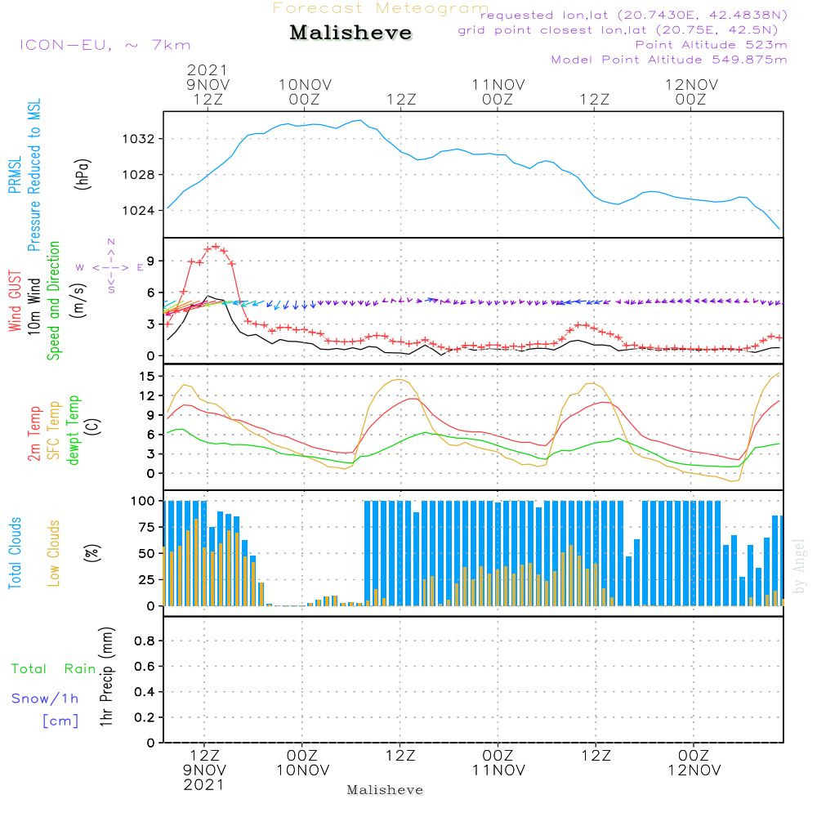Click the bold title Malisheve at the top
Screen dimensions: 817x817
click(x=351, y=33)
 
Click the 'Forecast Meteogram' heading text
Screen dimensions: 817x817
click(x=381, y=8)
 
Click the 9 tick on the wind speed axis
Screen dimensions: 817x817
click(x=149, y=261)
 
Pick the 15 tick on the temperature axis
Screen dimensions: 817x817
click(x=145, y=376)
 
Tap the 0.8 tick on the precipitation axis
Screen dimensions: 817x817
click(x=144, y=641)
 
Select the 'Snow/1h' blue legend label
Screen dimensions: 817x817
click(x=45, y=699)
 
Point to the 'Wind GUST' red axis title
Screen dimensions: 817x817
click(x=16, y=302)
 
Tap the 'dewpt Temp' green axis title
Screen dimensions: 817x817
click(x=74, y=431)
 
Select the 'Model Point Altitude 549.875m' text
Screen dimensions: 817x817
click(x=669, y=60)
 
